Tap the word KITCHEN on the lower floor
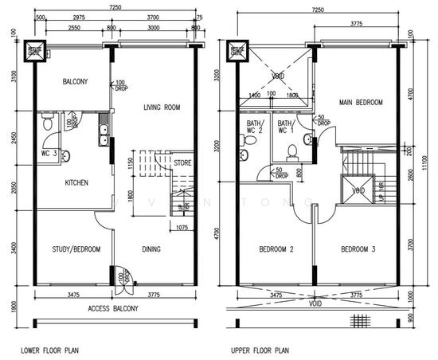tap(72, 182)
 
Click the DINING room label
tap(151, 249)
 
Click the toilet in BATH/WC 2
tap(249, 141)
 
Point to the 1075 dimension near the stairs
tap(182, 226)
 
